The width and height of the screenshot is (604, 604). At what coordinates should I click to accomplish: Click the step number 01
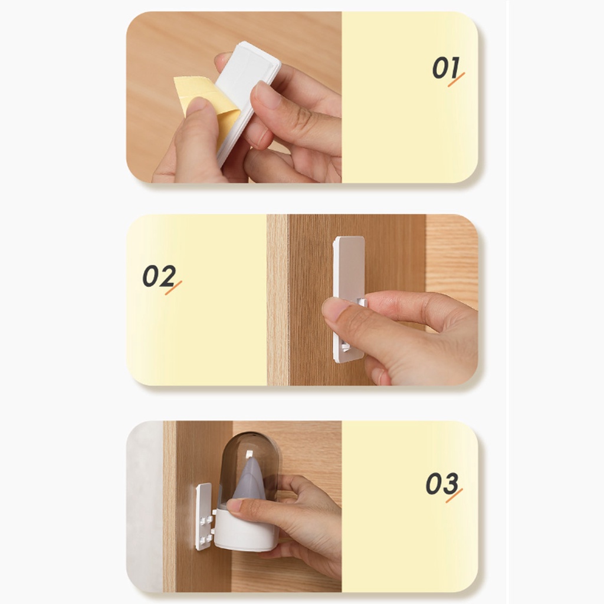(x=446, y=68)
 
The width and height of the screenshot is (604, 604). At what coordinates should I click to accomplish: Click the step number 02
(x=159, y=276)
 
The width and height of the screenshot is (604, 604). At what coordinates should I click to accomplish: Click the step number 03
(x=442, y=484)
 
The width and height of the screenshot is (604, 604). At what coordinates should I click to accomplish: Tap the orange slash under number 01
(x=456, y=80)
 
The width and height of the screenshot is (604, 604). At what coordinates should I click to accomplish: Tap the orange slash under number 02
(x=173, y=288)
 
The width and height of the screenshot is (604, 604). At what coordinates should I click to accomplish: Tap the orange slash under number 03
(x=454, y=495)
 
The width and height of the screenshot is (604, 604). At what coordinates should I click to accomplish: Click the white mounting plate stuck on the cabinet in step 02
(x=349, y=299)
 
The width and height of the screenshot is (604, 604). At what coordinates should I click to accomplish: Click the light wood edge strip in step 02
(x=277, y=300)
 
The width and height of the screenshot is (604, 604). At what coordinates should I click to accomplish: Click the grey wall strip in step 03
(x=145, y=506)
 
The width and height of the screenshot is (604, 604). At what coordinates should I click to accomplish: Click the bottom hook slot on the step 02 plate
(x=345, y=347)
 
